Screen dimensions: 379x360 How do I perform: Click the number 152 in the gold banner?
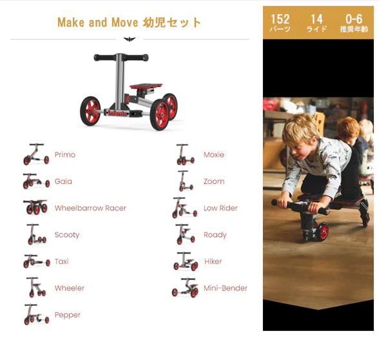pyautogui.click(x=280, y=19)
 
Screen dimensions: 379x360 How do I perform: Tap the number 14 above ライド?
pyautogui.click(x=316, y=19)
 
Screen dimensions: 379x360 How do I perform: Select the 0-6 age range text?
pyautogui.click(x=354, y=19)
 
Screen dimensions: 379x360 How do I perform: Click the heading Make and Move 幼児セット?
pyautogui.click(x=130, y=22)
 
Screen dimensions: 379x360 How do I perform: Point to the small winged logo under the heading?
pyautogui.click(x=130, y=39)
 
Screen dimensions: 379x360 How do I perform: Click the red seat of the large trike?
pyautogui.click(x=146, y=86)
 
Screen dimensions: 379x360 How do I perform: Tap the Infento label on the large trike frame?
pyautogui.click(x=117, y=114)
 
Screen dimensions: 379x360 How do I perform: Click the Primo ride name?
pyautogui.click(x=65, y=155)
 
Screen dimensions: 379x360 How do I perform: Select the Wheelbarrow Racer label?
pyautogui.click(x=90, y=208)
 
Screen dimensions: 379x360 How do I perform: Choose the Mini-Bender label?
pyautogui.click(x=226, y=288)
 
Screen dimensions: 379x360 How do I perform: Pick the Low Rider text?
pyautogui.click(x=220, y=208)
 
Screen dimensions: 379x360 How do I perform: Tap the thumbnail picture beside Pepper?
pyautogui.click(x=37, y=314)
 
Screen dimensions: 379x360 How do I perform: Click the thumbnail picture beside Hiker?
pyautogui.click(x=186, y=261)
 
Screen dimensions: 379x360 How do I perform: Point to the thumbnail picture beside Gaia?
pyautogui.click(x=36, y=181)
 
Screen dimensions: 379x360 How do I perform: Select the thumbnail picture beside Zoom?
pyautogui.click(x=186, y=181)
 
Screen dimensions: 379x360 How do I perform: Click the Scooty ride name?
pyautogui.click(x=67, y=235)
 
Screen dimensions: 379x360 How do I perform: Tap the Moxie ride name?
pyautogui.click(x=214, y=155)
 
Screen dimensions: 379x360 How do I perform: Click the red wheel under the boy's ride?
pyautogui.click(x=322, y=232)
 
